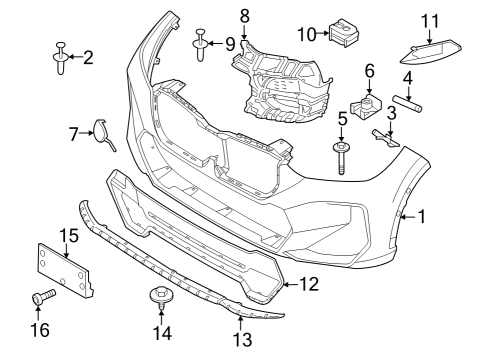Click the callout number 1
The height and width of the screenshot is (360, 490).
pos(422,215)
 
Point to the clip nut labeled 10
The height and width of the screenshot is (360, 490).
pos(345,32)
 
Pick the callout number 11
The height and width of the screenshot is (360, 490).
pos(430,20)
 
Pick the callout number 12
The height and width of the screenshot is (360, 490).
pos(309,285)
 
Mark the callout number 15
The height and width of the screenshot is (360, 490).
pos(67,236)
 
